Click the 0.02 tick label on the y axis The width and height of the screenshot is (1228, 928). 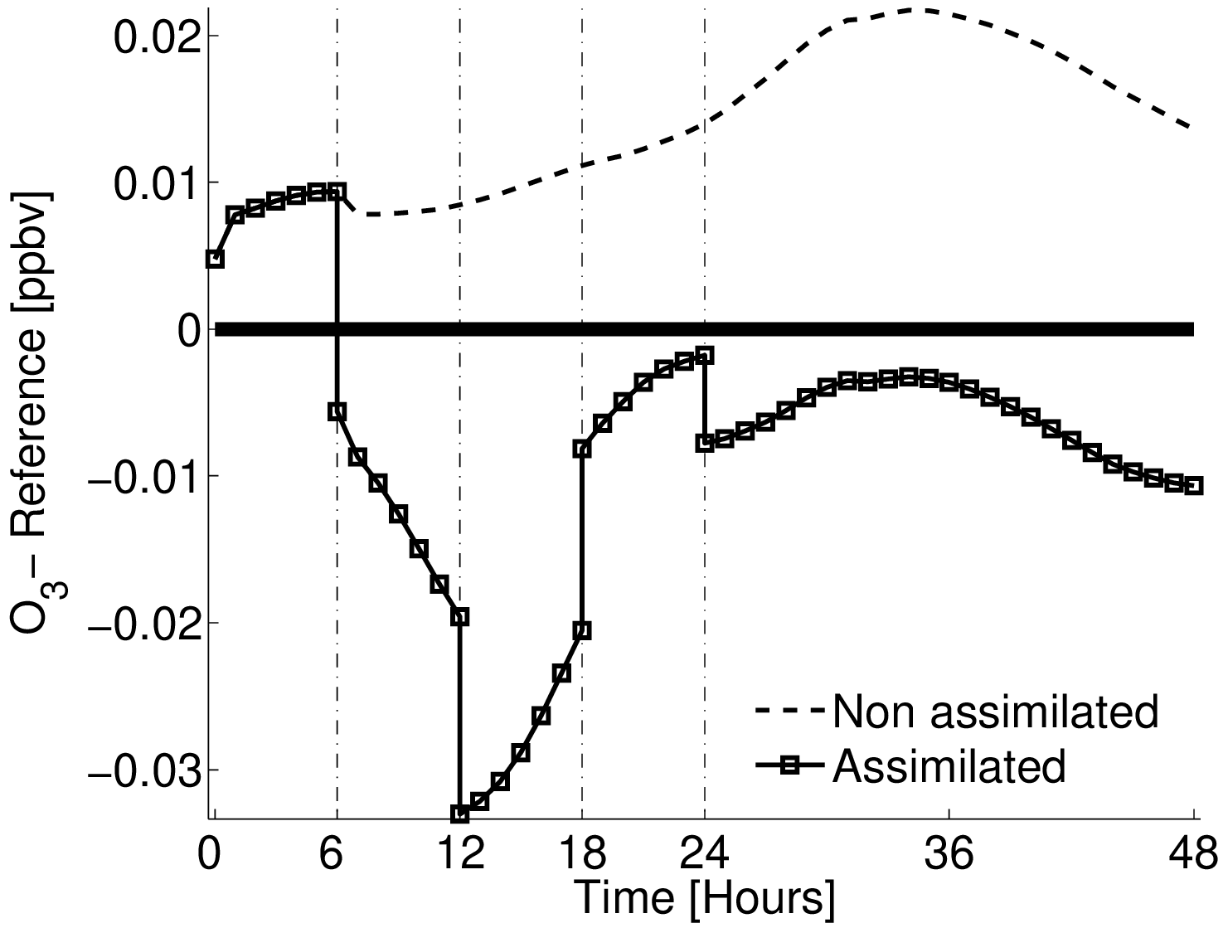click(156, 39)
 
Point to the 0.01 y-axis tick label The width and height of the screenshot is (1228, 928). click(156, 185)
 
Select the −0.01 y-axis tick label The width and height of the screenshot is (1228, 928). click(143, 479)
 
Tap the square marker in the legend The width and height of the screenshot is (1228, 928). click(790, 766)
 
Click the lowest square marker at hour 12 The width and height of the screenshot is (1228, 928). click(459, 814)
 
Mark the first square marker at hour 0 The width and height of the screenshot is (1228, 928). click(215, 259)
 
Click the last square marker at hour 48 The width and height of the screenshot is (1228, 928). click(1194, 486)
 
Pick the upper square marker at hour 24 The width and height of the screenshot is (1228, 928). click(705, 355)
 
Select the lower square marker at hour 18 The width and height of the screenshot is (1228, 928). click(582, 630)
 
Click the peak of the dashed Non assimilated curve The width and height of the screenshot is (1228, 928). click(912, 10)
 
